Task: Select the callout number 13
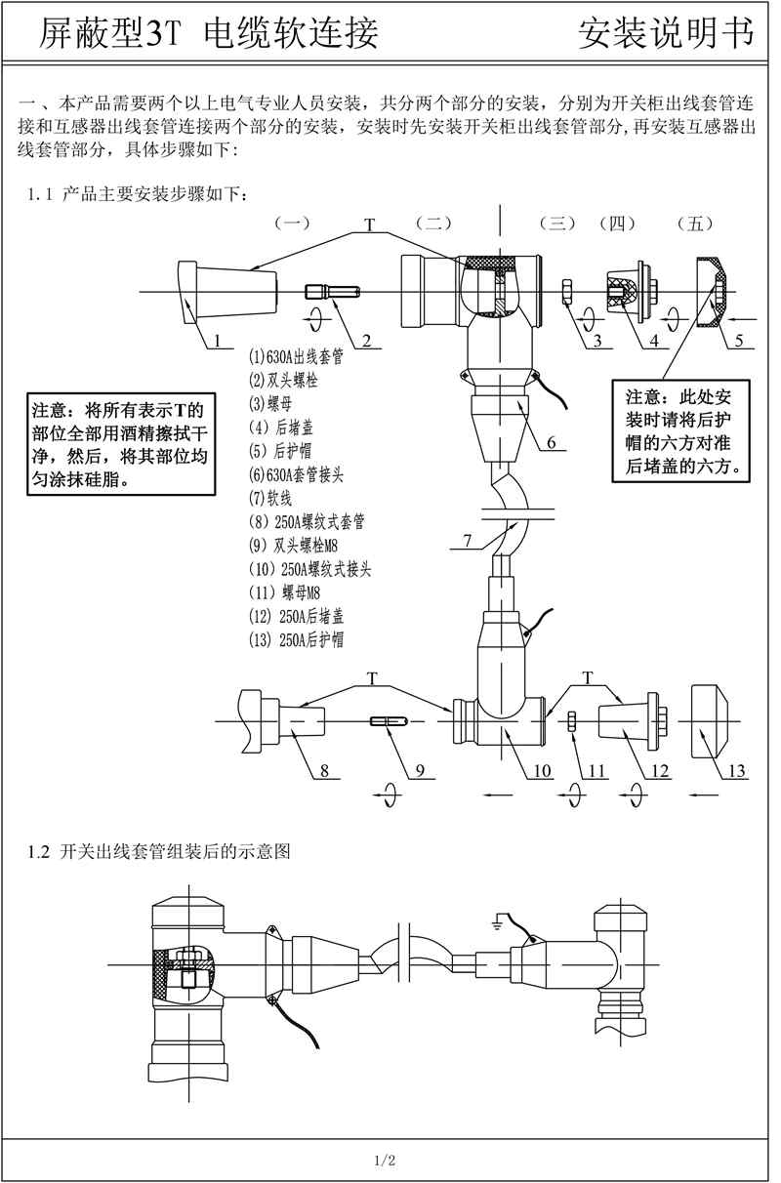point(737,771)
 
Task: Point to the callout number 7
point(468,539)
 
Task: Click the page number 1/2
point(384,1161)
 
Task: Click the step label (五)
point(694,224)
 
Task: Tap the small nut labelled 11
point(574,721)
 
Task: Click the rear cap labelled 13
point(719,720)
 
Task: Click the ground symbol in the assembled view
point(499,919)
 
